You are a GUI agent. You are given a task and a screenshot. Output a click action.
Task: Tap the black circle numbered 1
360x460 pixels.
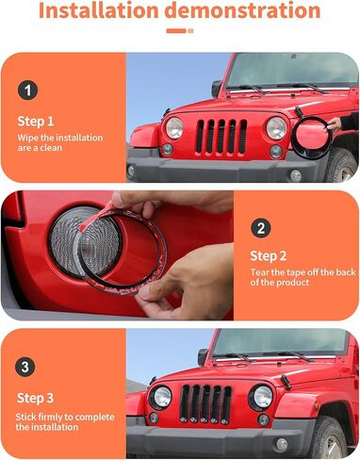29,91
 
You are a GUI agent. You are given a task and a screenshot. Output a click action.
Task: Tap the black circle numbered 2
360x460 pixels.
262,228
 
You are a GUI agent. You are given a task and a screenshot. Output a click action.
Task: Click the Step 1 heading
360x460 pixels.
36,121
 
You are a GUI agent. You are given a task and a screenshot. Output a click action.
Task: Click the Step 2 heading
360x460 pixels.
269,255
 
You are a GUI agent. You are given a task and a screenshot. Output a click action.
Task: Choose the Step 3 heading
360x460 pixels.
36,396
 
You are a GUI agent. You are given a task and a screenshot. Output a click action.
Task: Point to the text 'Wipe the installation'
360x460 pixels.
59,139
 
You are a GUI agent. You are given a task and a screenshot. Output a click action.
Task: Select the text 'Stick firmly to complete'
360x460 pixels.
57,415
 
